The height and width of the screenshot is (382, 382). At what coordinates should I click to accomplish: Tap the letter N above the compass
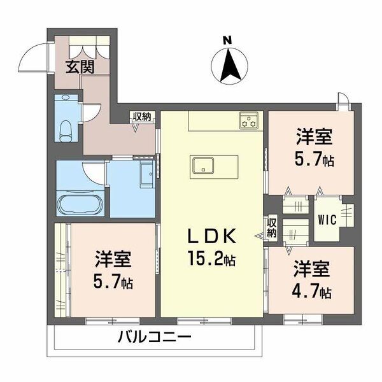[227, 40]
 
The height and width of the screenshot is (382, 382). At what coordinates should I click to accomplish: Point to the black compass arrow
[230, 66]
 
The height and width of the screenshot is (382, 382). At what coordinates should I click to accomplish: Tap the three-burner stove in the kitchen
[248, 120]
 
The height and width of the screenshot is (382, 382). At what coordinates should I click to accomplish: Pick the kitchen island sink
[203, 165]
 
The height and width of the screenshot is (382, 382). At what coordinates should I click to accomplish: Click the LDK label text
[212, 236]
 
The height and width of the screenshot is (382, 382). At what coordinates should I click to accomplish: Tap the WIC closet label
[327, 220]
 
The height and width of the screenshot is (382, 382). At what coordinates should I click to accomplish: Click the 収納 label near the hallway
[140, 117]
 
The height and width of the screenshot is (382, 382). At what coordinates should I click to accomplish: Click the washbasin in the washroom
[147, 174]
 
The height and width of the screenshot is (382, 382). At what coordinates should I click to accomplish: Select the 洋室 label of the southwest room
[113, 259]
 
